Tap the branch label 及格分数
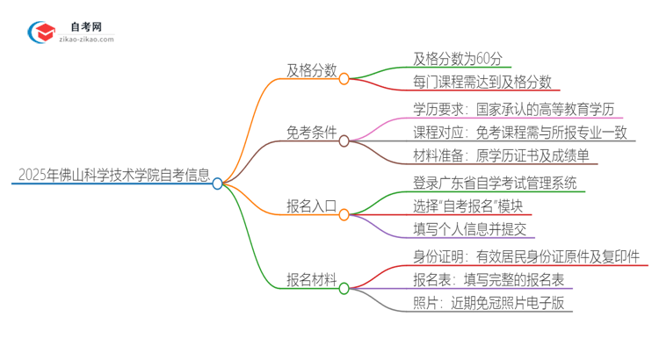click(x=311, y=71)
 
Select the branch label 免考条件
click(x=311, y=133)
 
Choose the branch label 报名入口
click(x=311, y=207)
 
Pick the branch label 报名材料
click(x=311, y=280)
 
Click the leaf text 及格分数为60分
click(x=458, y=60)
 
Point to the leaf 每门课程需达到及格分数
click(x=482, y=83)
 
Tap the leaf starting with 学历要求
click(x=518, y=110)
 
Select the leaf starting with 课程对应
click(x=523, y=133)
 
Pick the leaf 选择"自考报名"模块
click(x=467, y=206)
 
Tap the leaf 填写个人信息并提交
click(x=469, y=230)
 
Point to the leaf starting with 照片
click(x=489, y=304)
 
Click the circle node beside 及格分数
click(x=344, y=78)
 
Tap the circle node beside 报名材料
click(x=344, y=287)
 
